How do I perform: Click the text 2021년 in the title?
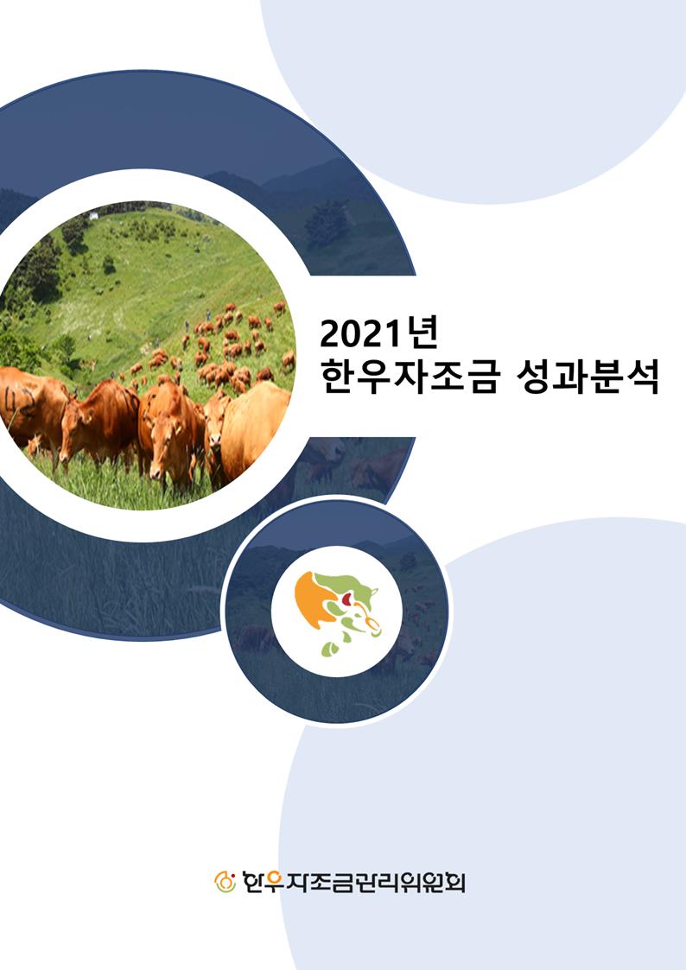coord(378,334)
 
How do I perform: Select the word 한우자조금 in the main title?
coord(409,378)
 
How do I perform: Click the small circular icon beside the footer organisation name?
coord(225,882)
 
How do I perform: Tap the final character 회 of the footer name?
coord(454,882)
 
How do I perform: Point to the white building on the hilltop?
coord(93,215)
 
